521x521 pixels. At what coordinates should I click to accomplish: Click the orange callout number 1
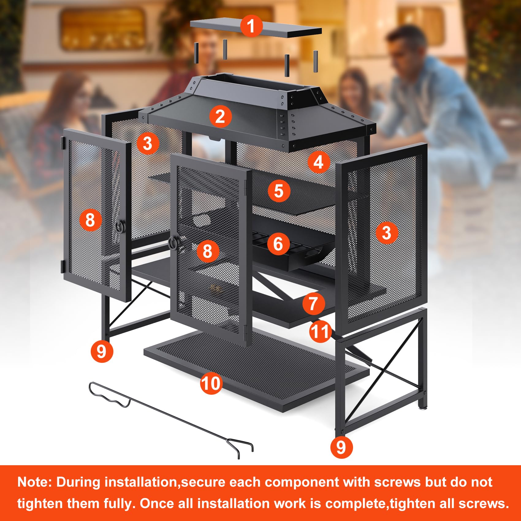(251, 26)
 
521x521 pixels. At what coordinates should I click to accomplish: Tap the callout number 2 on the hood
(220, 116)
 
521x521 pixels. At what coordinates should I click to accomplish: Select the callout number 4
(318, 162)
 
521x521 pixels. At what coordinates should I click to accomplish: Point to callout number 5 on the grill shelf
(279, 191)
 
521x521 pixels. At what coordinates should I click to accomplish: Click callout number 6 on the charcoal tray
(278, 244)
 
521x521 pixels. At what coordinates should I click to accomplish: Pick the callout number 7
(313, 303)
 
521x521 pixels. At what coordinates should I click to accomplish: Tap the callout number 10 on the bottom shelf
(211, 383)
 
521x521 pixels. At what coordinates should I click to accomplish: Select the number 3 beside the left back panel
(148, 143)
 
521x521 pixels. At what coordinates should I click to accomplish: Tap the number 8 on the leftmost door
(90, 220)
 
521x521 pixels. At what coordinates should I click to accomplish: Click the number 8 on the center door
(207, 251)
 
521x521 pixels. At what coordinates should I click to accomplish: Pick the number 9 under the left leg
(102, 351)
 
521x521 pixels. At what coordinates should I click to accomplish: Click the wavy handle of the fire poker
(109, 397)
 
